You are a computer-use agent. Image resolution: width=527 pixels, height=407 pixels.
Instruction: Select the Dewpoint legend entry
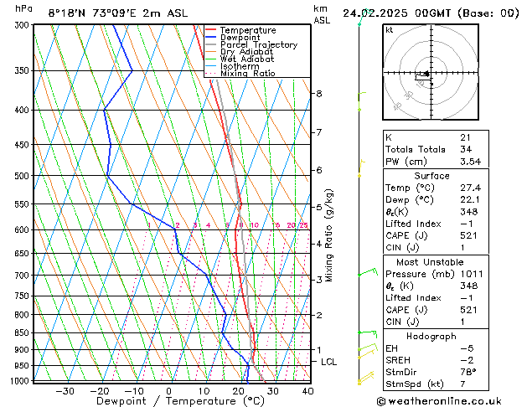tap(240, 38)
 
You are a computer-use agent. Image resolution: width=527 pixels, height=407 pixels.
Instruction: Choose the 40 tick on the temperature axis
tap(307, 391)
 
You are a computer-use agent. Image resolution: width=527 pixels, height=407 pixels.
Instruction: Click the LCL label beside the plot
tap(329, 362)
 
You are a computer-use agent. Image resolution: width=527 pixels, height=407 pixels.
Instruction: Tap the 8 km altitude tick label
tap(319, 94)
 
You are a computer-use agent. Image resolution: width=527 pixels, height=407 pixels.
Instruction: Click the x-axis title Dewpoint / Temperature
tap(169, 401)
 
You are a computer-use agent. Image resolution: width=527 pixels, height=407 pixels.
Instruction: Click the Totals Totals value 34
tap(465, 148)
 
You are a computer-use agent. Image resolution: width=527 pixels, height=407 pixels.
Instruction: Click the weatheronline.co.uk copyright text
tap(453, 400)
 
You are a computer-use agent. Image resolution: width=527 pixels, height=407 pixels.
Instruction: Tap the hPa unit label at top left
tap(24, 9)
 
